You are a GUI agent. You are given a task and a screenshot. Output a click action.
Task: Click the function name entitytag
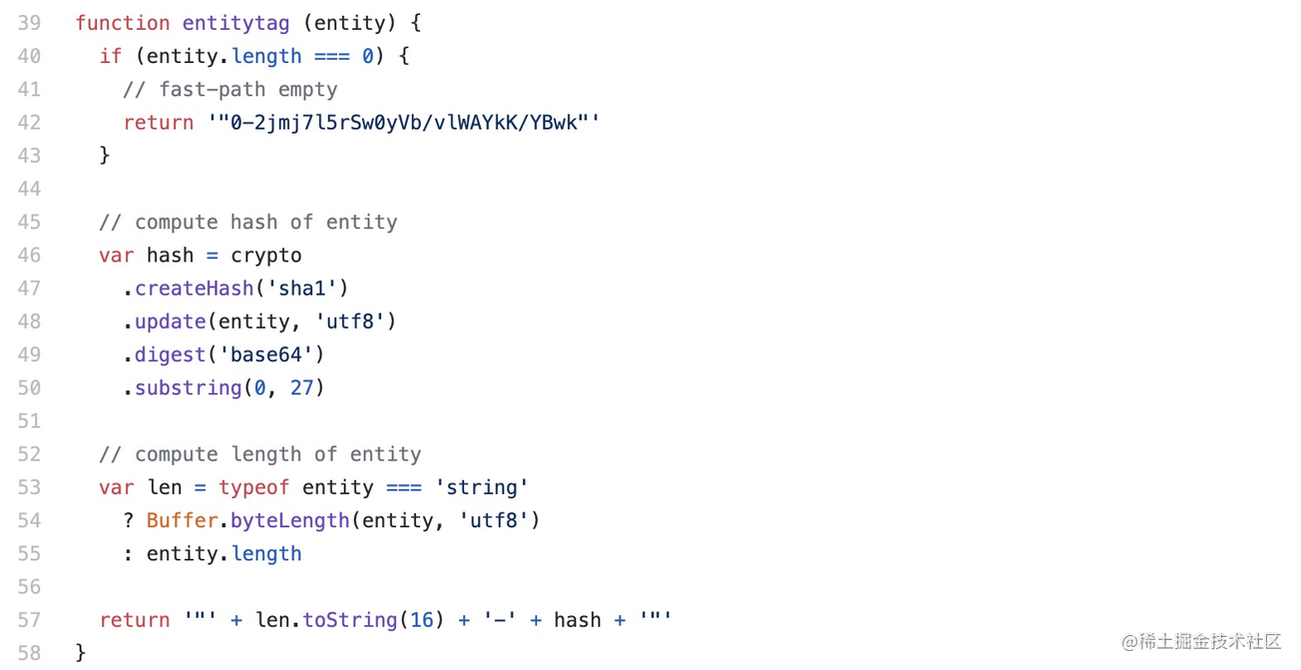point(235,23)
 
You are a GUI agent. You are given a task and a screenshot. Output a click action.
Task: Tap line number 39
point(29,23)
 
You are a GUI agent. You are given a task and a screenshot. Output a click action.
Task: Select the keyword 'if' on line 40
point(110,56)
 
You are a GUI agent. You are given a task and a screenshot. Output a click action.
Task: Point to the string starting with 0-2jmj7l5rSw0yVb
point(403,122)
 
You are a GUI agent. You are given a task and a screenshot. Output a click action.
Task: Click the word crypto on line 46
point(265,255)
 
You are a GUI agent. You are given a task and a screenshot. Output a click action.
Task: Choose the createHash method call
point(195,288)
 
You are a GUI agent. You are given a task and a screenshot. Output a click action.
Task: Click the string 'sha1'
point(302,288)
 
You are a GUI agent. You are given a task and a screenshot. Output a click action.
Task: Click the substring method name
point(188,387)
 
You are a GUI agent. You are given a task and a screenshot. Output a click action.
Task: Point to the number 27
point(301,387)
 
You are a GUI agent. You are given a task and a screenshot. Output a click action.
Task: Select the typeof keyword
point(253,486)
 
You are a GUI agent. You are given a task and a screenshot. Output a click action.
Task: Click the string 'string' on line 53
point(481,486)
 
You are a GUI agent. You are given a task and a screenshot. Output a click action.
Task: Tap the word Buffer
point(182,520)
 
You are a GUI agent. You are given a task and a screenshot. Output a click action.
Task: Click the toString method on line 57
point(349,619)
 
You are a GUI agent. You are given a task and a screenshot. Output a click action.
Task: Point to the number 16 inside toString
point(421,619)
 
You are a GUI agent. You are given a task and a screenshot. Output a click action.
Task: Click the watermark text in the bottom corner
point(1201,641)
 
